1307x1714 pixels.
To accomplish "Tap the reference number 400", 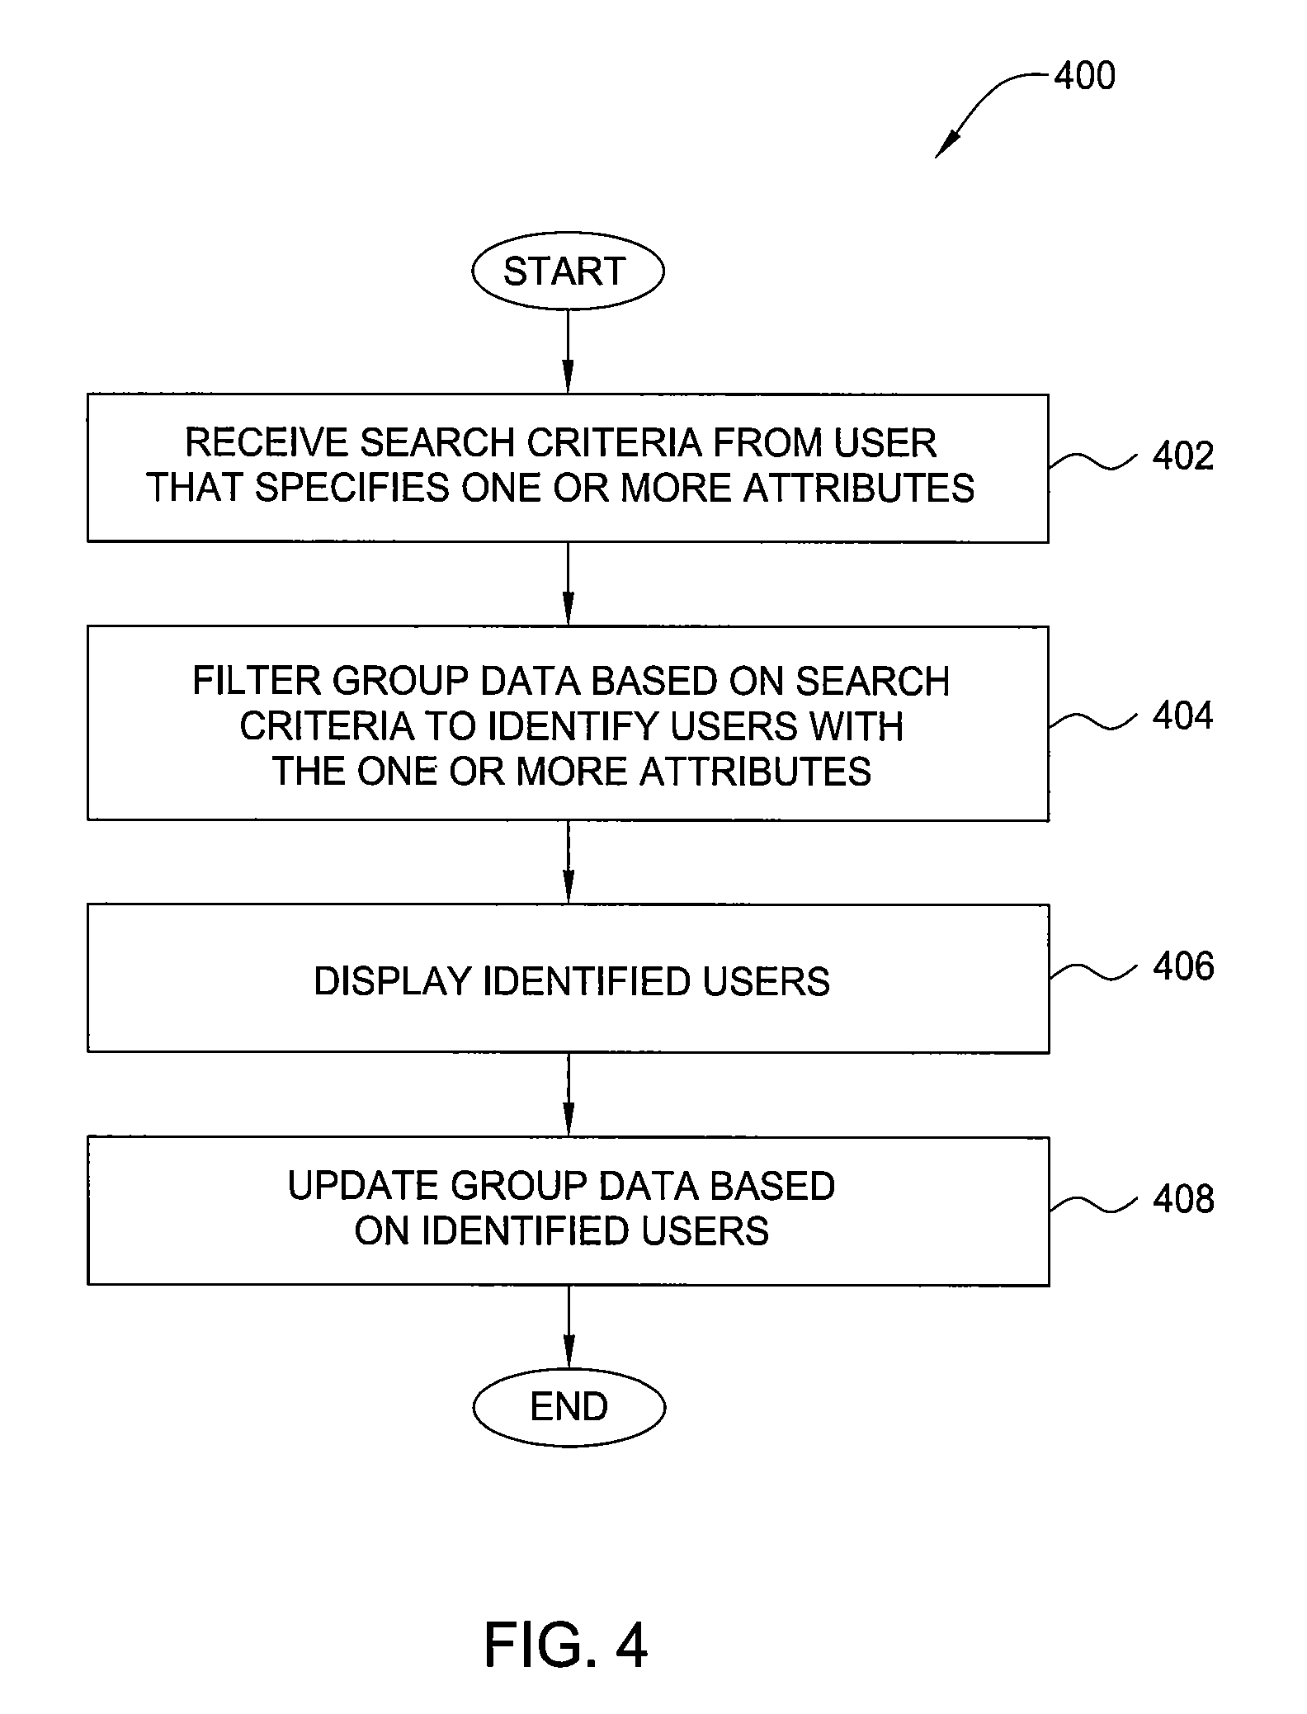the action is [x=1085, y=75].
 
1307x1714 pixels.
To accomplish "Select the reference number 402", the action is [x=1183, y=456].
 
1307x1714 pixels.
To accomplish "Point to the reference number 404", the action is [x=1183, y=715].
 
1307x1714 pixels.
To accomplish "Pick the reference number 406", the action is [x=1183, y=966].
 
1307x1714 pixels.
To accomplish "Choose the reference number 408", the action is [x=1183, y=1199].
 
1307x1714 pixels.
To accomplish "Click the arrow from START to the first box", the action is [x=568, y=352].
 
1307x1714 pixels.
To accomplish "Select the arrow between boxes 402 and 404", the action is [x=568, y=584].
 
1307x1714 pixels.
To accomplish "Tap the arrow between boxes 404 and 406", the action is [x=568, y=862].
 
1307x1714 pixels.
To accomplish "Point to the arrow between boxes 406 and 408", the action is [x=568, y=1095].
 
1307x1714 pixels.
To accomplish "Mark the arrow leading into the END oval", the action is [x=569, y=1327].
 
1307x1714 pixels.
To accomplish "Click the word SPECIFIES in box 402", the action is [x=352, y=488].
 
